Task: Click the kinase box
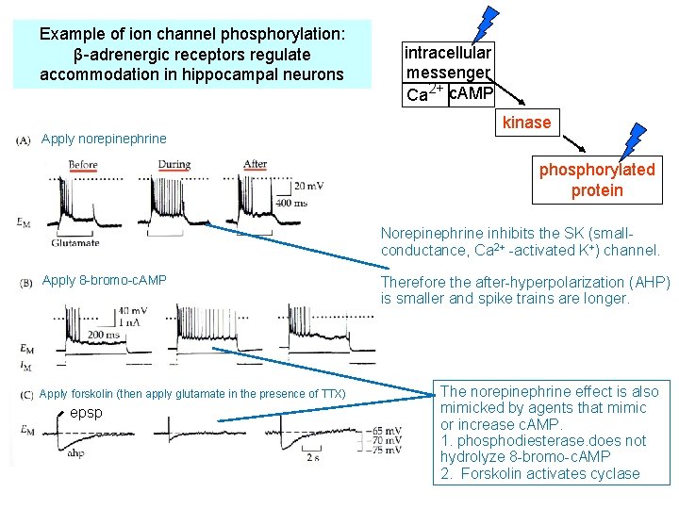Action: [526, 123]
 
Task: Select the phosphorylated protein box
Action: [596, 180]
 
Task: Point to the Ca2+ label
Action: [424, 93]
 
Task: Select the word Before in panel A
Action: [82, 165]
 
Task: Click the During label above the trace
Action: [174, 165]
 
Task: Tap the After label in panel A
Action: [255, 165]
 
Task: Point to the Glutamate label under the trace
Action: [77, 243]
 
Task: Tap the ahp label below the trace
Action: [76, 452]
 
